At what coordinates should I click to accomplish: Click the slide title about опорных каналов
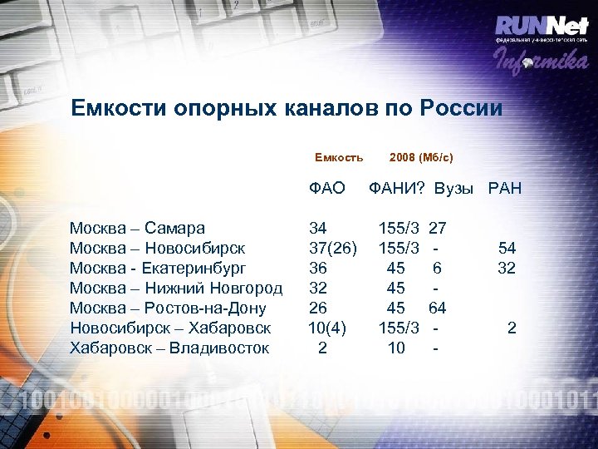(x=287, y=108)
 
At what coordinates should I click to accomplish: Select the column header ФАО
(x=326, y=189)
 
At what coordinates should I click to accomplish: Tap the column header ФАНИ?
(x=397, y=189)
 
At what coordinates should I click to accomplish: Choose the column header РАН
(x=505, y=189)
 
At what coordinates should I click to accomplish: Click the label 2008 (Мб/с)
(x=421, y=157)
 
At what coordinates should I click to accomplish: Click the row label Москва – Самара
(x=138, y=228)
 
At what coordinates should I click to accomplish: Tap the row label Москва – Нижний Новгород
(x=176, y=288)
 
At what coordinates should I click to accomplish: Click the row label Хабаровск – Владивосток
(x=169, y=348)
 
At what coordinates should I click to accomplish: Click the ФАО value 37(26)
(x=333, y=248)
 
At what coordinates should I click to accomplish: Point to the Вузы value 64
(x=437, y=308)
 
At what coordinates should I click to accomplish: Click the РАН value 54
(x=507, y=248)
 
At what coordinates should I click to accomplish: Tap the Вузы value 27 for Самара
(x=438, y=228)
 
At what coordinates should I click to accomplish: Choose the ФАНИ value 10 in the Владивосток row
(x=396, y=348)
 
